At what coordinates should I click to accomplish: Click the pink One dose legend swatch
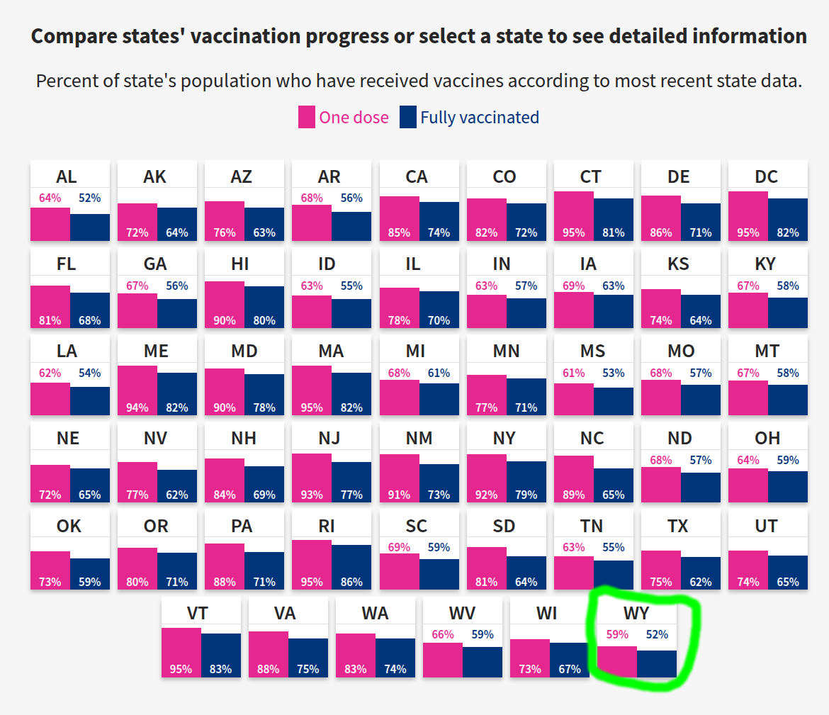click(307, 117)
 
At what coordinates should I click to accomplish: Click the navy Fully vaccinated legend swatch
click(408, 117)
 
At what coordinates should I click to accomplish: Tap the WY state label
click(636, 613)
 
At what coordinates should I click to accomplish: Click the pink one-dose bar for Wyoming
click(617, 660)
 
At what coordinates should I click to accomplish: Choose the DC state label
click(767, 176)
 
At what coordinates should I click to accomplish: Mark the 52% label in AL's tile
click(90, 198)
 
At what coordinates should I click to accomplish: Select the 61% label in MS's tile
click(574, 373)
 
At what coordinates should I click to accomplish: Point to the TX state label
click(678, 526)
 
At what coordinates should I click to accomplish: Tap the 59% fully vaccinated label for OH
click(788, 461)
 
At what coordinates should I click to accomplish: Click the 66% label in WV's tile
click(443, 635)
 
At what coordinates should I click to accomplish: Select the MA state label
click(331, 351)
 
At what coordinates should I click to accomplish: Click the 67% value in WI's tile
click(569, 669)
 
